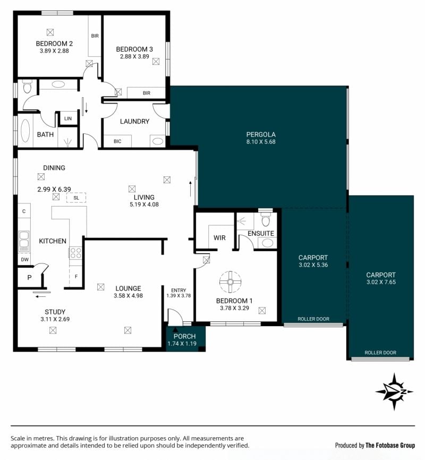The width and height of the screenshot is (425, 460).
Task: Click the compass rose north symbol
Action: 394,391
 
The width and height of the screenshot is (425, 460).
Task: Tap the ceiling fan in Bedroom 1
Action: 231,282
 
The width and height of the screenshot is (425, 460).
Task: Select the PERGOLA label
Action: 261,135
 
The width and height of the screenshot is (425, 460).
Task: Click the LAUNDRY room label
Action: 135,122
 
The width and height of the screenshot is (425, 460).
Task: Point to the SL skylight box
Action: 76,198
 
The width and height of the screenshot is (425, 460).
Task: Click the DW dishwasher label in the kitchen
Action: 25,259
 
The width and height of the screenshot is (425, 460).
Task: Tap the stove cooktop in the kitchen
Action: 75,253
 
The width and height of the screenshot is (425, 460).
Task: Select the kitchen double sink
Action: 24,241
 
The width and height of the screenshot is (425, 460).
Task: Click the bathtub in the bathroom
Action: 25,131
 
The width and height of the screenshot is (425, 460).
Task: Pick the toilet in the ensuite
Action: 266,219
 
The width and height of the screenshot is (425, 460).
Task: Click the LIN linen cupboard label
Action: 68,118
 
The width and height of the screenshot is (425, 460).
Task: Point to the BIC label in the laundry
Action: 117,141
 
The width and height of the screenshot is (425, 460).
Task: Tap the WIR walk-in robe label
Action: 219,237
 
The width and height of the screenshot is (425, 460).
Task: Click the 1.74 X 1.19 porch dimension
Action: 182,344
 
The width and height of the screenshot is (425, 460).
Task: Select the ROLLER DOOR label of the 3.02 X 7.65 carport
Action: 380,353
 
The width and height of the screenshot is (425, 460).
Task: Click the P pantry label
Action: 29,277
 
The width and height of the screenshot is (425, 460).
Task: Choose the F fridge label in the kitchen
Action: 76,276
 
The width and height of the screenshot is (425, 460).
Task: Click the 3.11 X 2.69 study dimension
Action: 55,319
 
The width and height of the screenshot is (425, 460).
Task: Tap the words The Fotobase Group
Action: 390,445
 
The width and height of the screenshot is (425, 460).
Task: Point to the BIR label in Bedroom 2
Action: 95,36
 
